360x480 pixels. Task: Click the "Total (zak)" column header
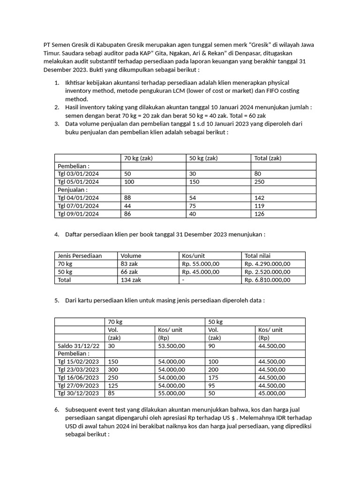tap(268, 158)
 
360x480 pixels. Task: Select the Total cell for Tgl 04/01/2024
tap(259, 198)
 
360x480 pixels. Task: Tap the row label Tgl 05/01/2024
tap(78, 182)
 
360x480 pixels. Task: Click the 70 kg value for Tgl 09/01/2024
tap(128, 214)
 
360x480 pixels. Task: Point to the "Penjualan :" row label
tap(72, 190)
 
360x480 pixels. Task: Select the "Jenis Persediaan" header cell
tap(80, 256)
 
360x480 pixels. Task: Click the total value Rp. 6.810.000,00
tap(268, 280)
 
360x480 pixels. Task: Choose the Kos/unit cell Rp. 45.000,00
tap(201, 272)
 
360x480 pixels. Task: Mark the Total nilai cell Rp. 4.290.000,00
tap(268, 264)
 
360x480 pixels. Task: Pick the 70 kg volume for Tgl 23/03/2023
tap(113, 370)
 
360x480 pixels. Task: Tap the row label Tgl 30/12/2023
tap(78, 394)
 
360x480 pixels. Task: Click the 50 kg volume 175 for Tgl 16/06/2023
tap(213, 378)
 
